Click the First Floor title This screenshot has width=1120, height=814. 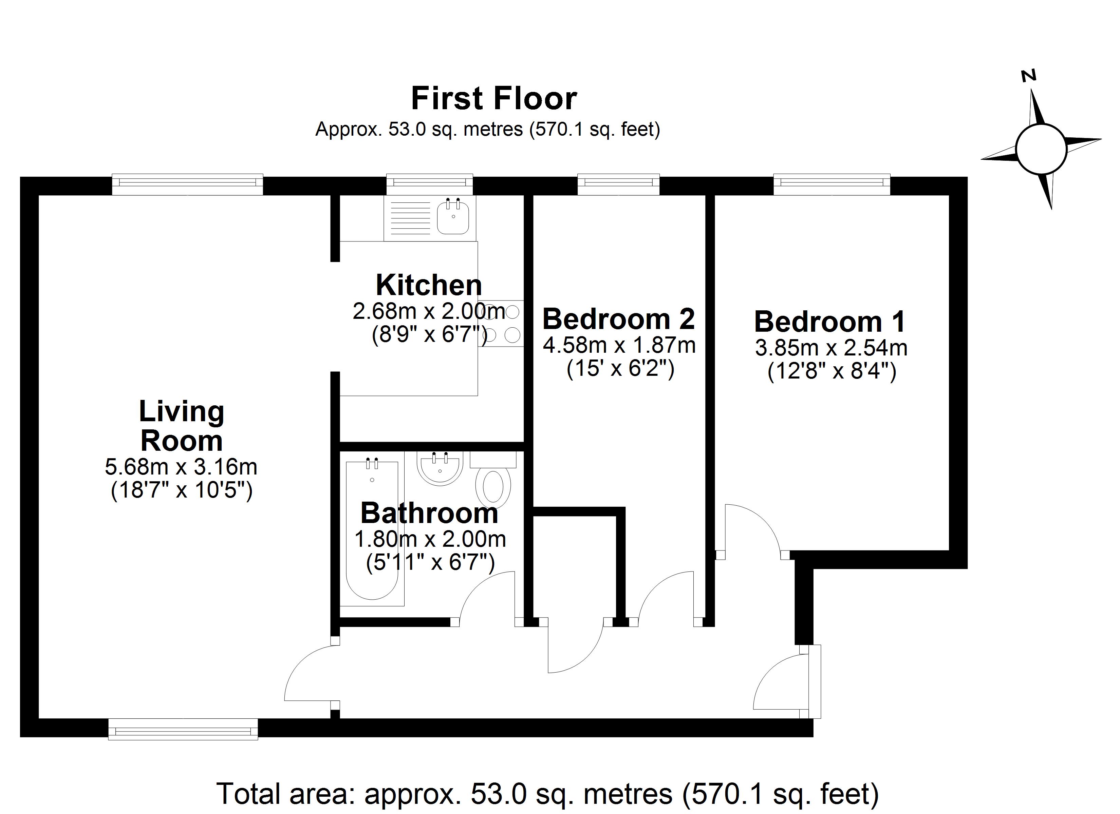(493, 98)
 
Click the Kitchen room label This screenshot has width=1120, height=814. (428, 285)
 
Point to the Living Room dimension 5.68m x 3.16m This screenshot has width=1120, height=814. (181, 466)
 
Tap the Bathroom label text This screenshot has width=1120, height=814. (429, 513)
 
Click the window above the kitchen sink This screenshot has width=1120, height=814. (429, 183)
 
